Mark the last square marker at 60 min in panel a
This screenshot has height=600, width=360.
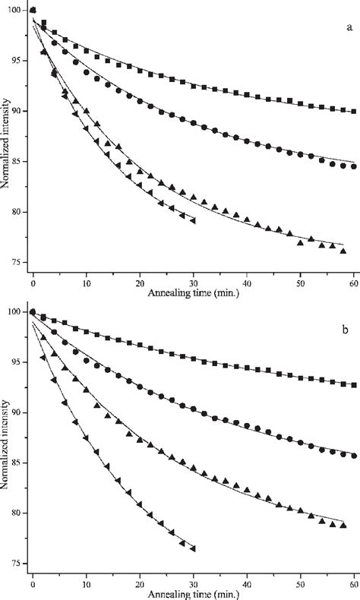point(354,111)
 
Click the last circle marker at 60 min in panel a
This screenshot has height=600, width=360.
point(354,167)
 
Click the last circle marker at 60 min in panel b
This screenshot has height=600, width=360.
point(354,456)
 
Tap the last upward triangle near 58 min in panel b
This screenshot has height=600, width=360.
point(343,525)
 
